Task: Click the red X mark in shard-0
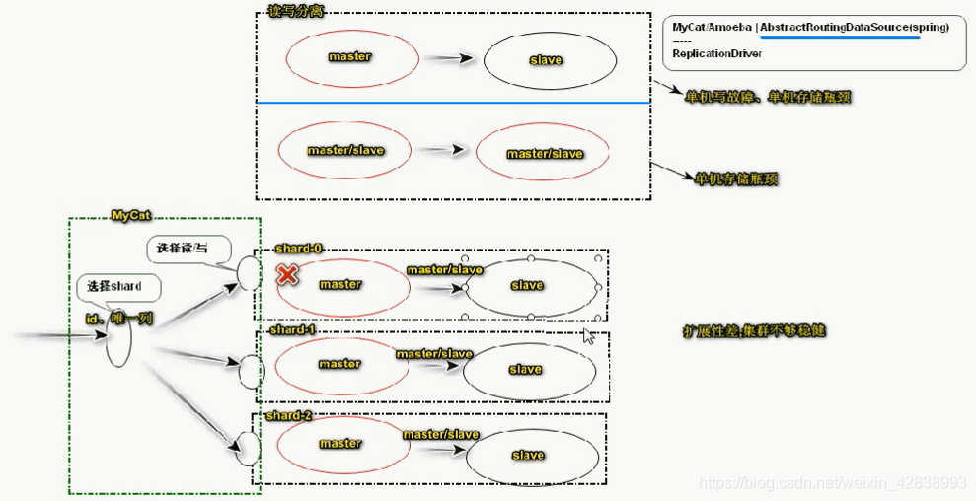click(x=287, y=274)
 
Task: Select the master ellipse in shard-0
click(x=339, y=285)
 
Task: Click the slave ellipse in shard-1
click(x=525, y=370)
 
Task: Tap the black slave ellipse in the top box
click(x=549, y=59)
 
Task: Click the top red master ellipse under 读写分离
click(x=349, y=57)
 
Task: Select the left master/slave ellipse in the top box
click(x=344, y=151)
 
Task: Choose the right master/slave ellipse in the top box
click(x=544, y=154)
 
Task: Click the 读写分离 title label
click(x=296, y=11)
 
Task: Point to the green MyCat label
click(x=131, y=215)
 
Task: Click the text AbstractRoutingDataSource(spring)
click(x=854, y=28)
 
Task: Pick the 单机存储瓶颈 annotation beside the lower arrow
click(x=737, y=179)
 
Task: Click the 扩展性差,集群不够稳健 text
click(x=754, y=330)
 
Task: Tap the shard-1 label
click(x=292, y=329)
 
